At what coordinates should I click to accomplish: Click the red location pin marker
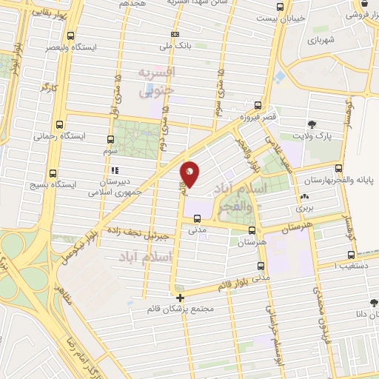coord(190,173)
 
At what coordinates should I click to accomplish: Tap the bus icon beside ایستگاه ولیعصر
coord(70,36)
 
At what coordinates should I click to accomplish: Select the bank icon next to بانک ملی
coord(175,34)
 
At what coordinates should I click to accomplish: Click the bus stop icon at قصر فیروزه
coord(258,105)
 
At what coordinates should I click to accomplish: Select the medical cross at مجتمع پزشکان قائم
coord(180,298)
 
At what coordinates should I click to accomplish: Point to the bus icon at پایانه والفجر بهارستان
coord(338,168)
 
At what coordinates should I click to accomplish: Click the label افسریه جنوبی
coord(158,81)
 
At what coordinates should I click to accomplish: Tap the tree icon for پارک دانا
coord(374,303)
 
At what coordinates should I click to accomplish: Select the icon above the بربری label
coord(304,198)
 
